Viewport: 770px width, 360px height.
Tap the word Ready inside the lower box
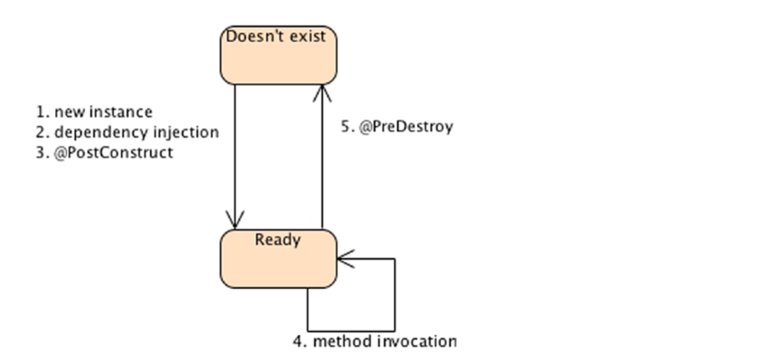(x=278, y=240)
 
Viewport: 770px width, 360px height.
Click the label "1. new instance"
(x=94, y=112)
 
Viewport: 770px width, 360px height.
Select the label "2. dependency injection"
(x=127, y=132)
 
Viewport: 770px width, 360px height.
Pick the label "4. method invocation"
(x=374, y=341)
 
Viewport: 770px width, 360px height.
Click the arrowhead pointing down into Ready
(x=235, y=221)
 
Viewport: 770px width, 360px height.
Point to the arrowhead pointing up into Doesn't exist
(x=322, y=93)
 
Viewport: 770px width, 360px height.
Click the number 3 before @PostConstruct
(x=41, y=153)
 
